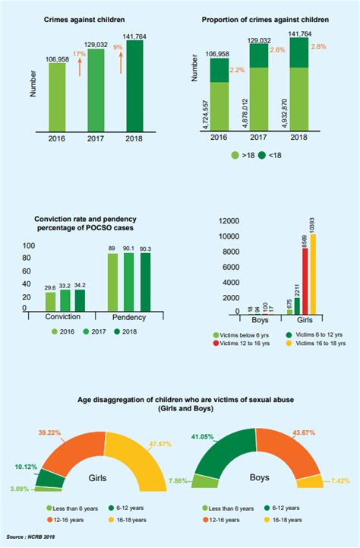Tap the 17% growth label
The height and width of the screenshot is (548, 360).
tap(78, 55)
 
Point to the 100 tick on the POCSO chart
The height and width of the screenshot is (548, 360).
tap(30, 246)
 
